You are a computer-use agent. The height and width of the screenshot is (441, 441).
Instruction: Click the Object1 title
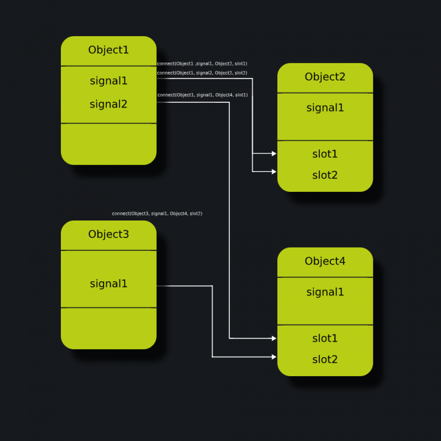[109, 50]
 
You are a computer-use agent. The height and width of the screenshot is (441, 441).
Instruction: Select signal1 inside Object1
[109, 81]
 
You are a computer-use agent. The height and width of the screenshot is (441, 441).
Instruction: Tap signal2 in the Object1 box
[109, 105]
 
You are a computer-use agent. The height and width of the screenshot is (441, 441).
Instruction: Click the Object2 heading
[325, 77]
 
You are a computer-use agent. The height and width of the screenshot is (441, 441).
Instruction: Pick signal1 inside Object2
[325, 108]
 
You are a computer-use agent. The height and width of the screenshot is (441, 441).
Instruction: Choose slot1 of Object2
[325, 154]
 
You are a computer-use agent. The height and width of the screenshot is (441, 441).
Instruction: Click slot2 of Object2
[325, 175]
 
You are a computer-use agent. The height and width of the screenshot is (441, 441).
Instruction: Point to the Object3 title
[109, 234]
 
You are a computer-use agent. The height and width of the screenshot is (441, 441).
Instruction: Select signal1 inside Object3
[109, 284]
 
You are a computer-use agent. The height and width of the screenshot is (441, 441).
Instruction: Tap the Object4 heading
[325, 261]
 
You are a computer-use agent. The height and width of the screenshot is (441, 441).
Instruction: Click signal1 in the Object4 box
[325, 292]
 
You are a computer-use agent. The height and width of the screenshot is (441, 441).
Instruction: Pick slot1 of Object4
[325, 338]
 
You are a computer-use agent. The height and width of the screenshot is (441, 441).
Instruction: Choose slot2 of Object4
[325, 359]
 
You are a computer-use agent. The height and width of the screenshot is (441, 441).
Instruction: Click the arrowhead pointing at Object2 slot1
[274, 154]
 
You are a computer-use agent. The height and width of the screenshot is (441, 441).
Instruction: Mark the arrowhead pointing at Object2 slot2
[274, 172]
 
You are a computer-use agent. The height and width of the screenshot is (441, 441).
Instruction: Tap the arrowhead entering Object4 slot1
[274, 339]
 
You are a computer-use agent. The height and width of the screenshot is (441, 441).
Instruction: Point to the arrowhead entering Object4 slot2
[274, 357]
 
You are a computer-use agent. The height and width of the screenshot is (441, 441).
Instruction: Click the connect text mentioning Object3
[157, 214]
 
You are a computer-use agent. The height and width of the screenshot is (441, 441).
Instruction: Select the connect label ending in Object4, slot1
[202, 95]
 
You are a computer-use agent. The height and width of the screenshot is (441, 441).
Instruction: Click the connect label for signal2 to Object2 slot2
[202, 73]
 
